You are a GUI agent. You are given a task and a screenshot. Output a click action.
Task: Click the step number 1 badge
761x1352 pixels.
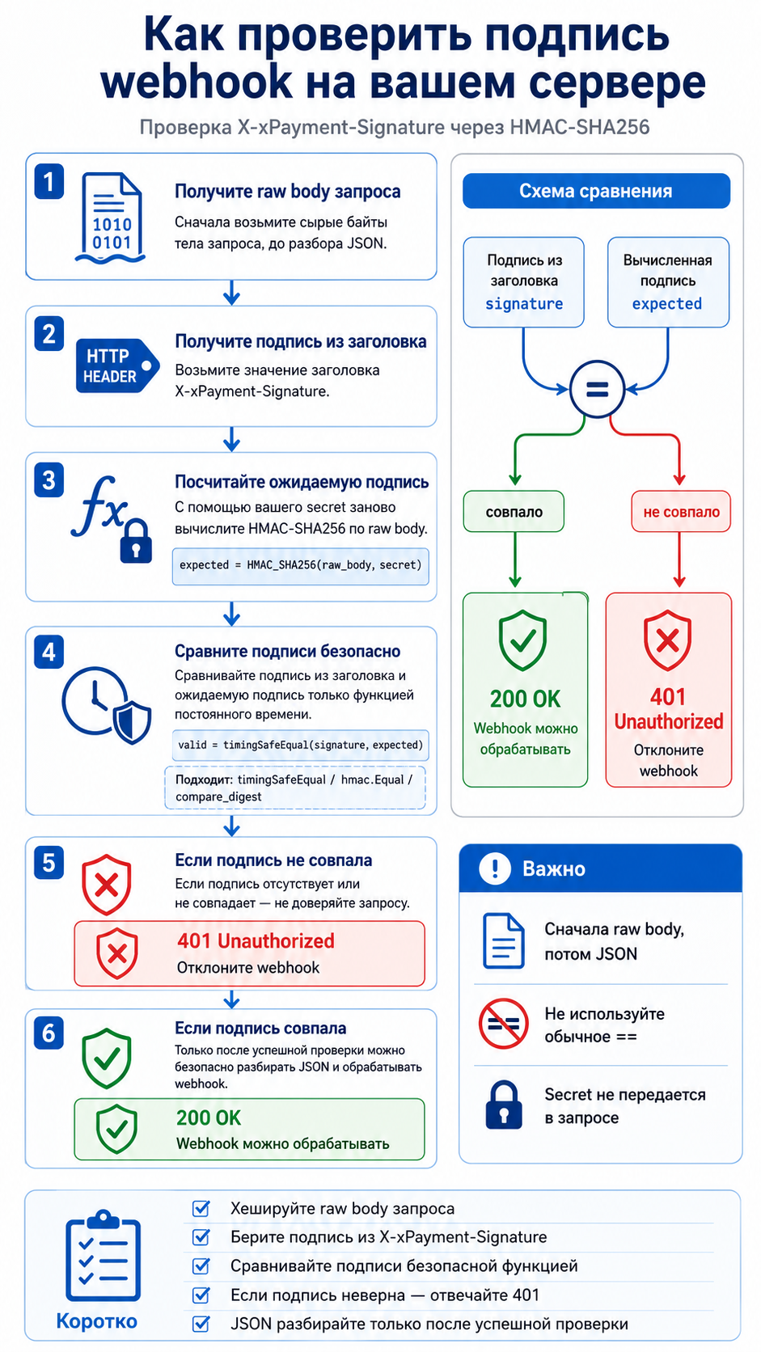pyautogui.click(x=49, y=182)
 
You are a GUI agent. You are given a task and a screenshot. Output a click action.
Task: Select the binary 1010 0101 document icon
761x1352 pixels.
pyautogui.click(x=111, y=218)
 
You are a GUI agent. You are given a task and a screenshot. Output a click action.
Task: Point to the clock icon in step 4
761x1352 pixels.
pyautogui.click(x=95, y=700)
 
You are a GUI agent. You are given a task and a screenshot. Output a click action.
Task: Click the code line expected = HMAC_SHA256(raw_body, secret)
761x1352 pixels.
pyautogui.click(x=301, y=565)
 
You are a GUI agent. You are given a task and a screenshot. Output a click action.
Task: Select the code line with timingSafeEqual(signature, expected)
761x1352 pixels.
pyautogui.click(x=301, y=745)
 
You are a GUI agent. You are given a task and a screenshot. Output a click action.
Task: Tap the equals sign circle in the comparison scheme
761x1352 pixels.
pyautogui.click(x=597, y=389)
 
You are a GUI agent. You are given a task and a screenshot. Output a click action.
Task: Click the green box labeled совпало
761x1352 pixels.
pyautogui.click(x=514, y=512)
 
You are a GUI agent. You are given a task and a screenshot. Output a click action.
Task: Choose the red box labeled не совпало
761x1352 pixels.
pyautogui.click(x=681, y=512)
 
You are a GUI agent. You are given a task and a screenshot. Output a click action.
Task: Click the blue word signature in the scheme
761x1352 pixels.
pyautogui.click(x=524, y=303)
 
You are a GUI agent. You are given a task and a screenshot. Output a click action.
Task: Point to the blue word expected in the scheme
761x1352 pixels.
pyautogui.click(x=667, y=304)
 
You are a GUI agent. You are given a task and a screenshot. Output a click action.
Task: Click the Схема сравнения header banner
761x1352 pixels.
pyautogui.click(x=596, y=191)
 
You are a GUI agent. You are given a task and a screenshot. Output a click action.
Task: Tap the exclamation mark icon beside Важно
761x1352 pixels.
pyautogui.click(x=495, y=868)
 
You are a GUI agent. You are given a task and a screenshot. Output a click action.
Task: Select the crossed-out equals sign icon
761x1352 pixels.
pyautogui.click(x=503, y=1024)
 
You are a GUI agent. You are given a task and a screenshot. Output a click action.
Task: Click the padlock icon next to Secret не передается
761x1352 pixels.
pyautogui.click(x=503, y=1105)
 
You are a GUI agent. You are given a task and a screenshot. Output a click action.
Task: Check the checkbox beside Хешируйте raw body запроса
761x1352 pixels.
pyautogui.click(x=201, y=1208)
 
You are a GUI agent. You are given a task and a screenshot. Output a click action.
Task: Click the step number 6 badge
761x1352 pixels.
pyautogui.click(x=49, y=1033)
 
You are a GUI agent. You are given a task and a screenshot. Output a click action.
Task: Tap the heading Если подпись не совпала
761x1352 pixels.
pyautogui.click(x=273, y=860)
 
